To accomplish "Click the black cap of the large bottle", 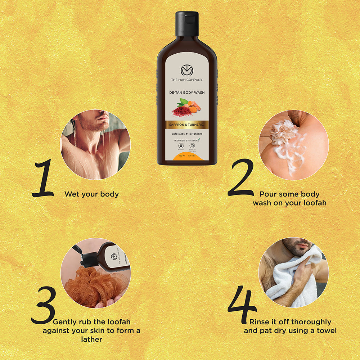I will click(x=187, y=24).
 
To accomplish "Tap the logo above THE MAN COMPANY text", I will click(x=187, y=70).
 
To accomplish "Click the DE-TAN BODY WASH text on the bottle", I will click(x=187, y=93).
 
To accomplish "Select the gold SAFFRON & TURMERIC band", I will click(x=187, y=125).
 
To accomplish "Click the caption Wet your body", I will click(x=91, y=194).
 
